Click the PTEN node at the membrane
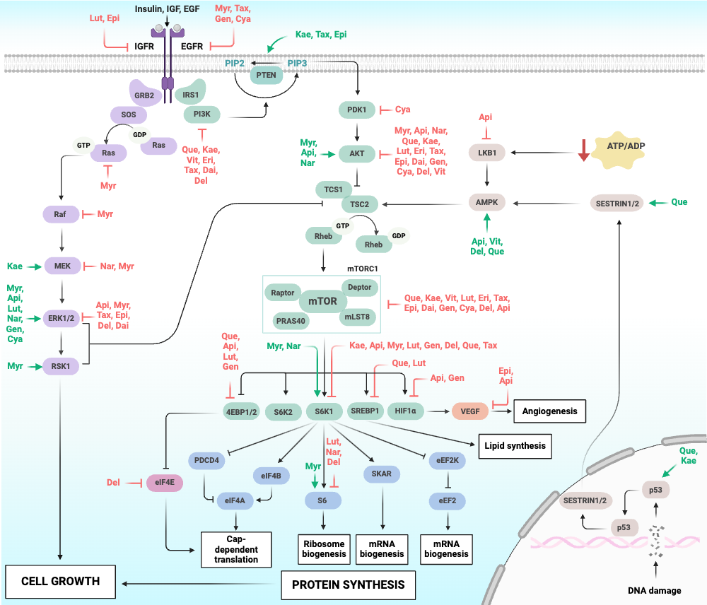267,75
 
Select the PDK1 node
356,110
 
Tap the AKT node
356,153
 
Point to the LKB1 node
487,153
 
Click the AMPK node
487,202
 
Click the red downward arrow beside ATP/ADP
584,150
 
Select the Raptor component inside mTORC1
283,293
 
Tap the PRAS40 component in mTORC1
291,321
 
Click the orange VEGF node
470,411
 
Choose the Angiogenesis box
549,411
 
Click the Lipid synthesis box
515,446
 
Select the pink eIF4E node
165,483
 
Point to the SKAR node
382,474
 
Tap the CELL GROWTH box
60,582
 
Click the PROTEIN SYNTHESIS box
348,585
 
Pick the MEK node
62,266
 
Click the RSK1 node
61,366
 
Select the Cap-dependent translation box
236,550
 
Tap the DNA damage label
654,591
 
